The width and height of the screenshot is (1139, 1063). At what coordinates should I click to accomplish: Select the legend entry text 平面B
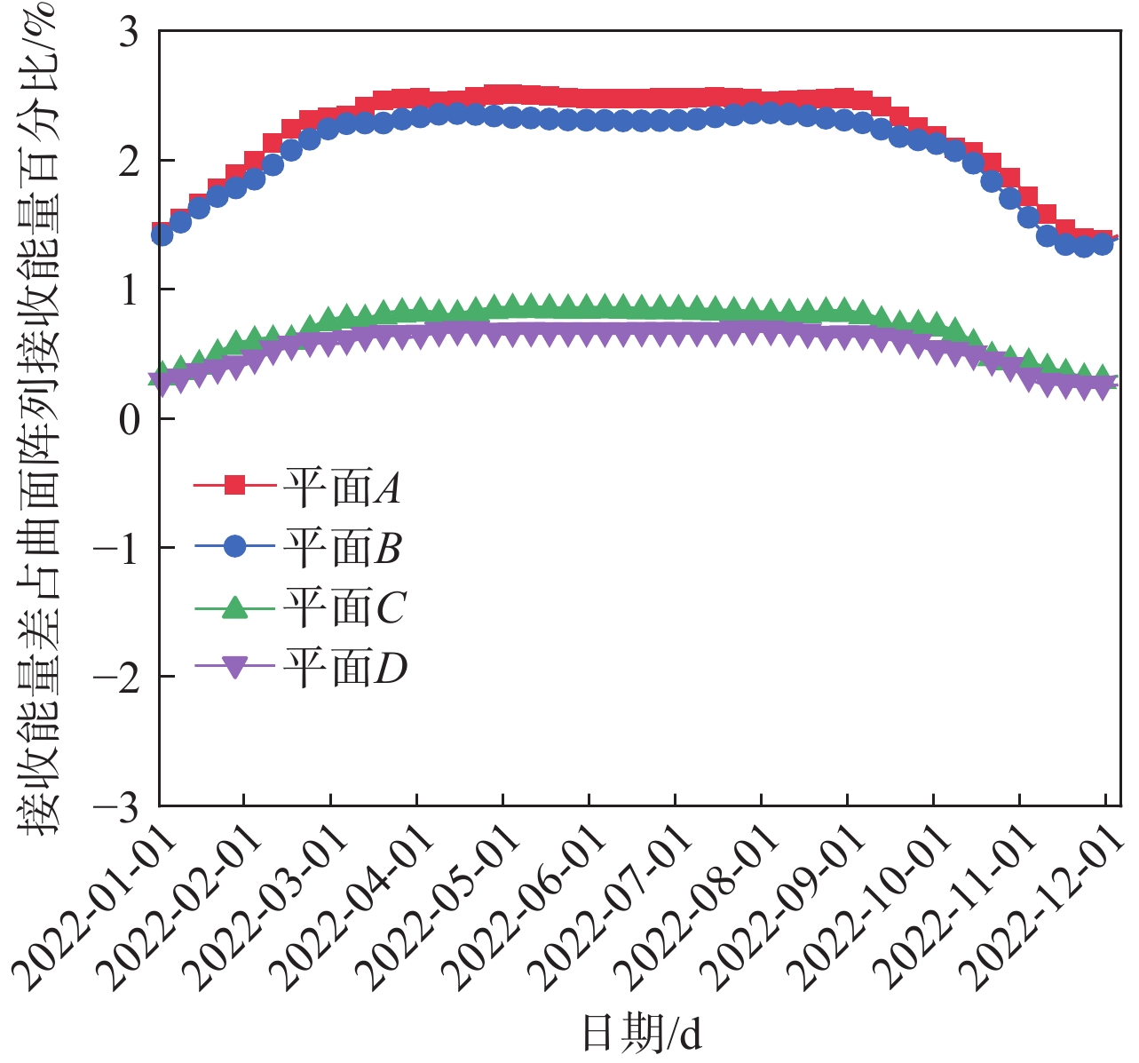coord(343,547)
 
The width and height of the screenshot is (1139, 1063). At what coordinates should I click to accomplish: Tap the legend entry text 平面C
coord(344,607)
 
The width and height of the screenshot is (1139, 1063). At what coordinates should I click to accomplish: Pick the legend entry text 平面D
coord(345,668)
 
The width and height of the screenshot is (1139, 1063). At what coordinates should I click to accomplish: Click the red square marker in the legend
coord(234,485)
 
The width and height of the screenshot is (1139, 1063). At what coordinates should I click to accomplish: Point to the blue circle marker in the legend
coord(234,546)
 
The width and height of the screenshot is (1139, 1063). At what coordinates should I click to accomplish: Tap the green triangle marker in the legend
coord(234,607)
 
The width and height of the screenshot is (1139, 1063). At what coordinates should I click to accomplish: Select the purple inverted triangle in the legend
coord(234,668)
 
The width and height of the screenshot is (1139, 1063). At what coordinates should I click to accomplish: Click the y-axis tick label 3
coord(130,33)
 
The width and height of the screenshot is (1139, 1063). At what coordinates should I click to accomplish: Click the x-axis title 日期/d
coord(641,1033)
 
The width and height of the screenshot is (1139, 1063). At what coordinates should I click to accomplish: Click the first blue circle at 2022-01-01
coord(162,234)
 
